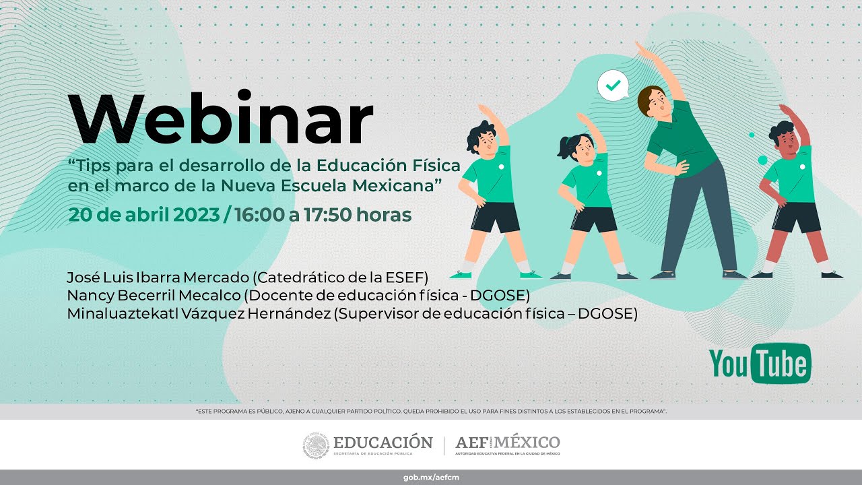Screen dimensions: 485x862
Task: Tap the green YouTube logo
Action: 760,364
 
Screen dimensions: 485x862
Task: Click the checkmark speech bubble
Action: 612,86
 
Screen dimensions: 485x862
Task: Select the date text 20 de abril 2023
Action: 143,215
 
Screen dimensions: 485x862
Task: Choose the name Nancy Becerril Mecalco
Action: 154,295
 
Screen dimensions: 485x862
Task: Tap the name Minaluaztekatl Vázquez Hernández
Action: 199,313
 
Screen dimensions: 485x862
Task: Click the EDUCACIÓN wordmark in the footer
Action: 383,443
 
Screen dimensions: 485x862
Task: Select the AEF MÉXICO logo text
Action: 508,443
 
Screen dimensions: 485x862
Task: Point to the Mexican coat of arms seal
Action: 316,445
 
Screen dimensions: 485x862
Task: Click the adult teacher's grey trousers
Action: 697,216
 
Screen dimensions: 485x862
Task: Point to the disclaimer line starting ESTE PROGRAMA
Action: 431,411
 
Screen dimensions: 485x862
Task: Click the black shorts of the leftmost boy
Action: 495,217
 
